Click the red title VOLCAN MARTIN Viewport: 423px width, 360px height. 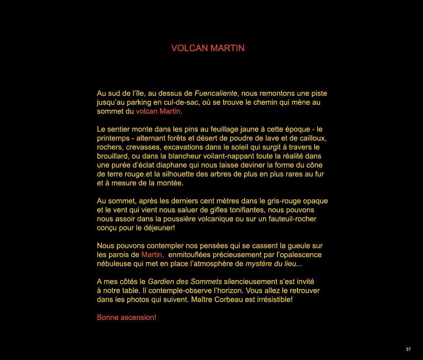[208, 48]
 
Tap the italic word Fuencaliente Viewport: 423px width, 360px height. [216, 94]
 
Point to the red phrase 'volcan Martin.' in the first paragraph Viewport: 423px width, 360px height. [159, 112]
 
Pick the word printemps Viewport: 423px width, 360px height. [113, 139]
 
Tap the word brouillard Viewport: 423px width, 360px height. [113, 156]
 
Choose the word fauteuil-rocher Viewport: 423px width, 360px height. [291, 219]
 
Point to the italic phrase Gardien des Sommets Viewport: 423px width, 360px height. [185, 282]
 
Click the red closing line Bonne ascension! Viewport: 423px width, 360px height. [127, 318]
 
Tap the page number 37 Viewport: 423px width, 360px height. [408, 349]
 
